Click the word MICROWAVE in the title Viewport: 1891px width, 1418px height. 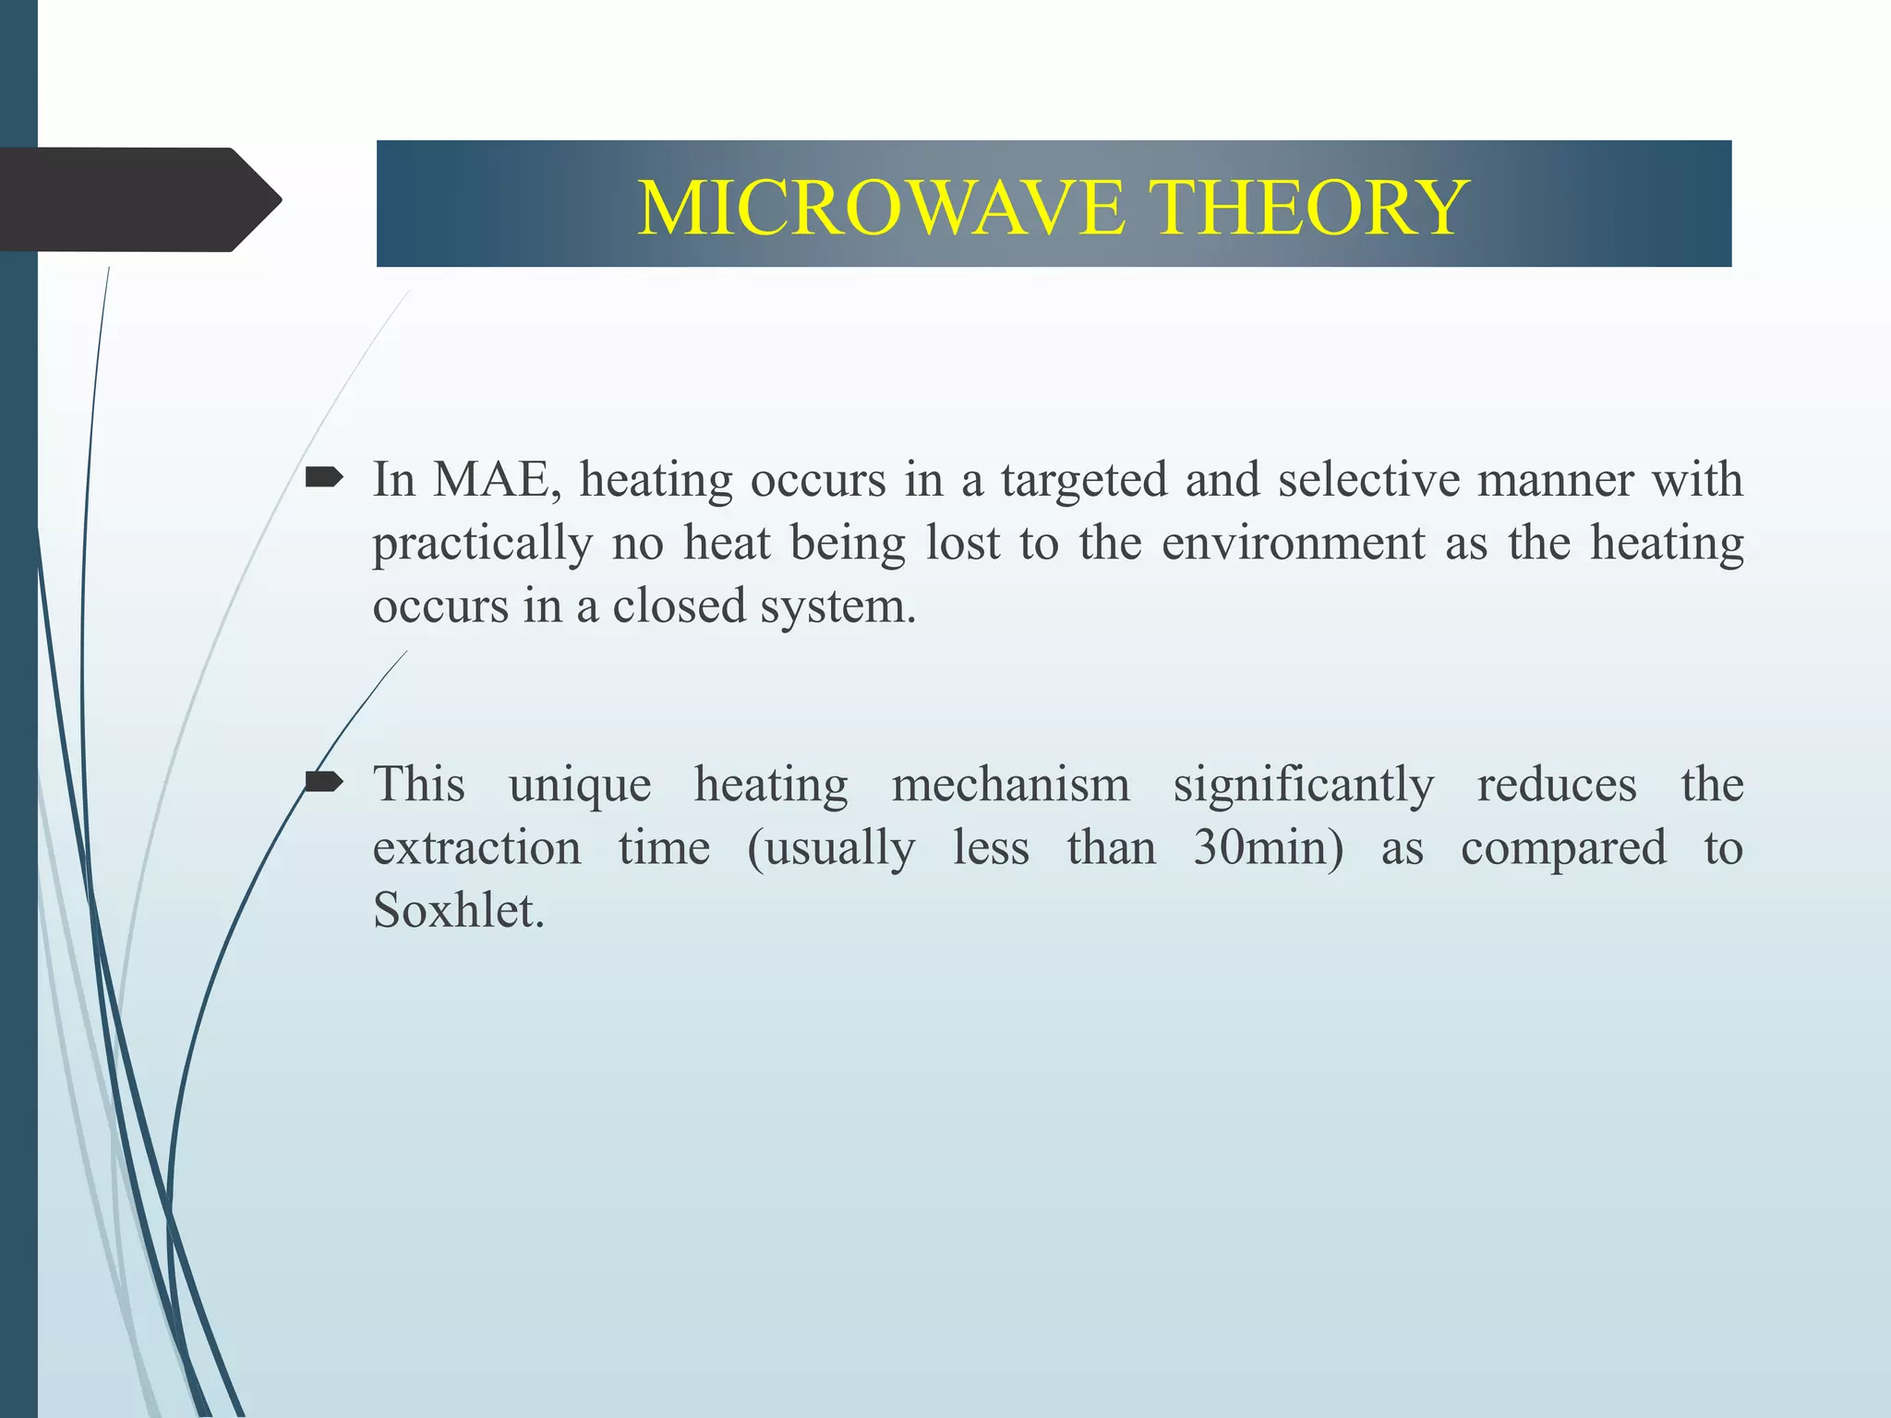[x=881, y=208]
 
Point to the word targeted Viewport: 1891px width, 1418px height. [x=1084, y=481]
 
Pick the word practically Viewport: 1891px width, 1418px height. [x=482, y=544]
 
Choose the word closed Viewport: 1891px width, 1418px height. [x=679, y=607]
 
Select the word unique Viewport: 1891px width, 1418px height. [x=580, y=786]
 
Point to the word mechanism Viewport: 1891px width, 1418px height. [x=1010, y=786]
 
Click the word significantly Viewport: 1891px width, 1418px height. [x=1303, y=786]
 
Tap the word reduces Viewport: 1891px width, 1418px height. [x=1557, y=786]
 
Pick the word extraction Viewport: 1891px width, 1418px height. [x=476, y=848]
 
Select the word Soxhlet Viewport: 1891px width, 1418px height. [x=458, y=911]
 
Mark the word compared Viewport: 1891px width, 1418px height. [x=1563, y=848]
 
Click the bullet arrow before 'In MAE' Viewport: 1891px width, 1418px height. [x=324, y=477]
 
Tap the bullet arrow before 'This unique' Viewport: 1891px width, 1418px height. [x=324, y=783]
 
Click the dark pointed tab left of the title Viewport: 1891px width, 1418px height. [x=139, y=199]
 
